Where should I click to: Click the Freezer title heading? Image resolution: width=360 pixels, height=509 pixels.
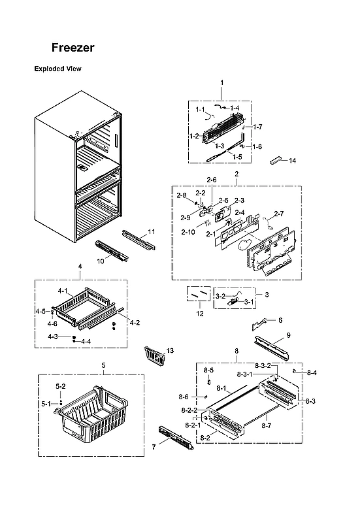coord(74,48)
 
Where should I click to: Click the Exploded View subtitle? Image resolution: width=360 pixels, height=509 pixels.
coord(57,69)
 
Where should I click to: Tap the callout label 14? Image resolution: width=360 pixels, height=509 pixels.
coord(292,161)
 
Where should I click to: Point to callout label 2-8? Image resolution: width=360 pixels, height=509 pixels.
coord(180,195)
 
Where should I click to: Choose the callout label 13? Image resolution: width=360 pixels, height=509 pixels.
coord(171,351)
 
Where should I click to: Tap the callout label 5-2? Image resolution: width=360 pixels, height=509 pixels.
coord(60,386)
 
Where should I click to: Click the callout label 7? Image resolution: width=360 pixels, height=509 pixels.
coord(154,446)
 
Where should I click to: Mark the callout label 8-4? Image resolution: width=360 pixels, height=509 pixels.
coord(312,373)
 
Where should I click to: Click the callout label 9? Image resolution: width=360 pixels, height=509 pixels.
coord(288,335)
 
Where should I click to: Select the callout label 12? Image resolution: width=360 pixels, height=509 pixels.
coord(200,314)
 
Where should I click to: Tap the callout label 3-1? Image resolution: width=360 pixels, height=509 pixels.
coord(249,303)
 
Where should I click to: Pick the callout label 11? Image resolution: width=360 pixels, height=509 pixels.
coord(151,232)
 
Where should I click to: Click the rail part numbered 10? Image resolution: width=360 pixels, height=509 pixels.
coord(112,250)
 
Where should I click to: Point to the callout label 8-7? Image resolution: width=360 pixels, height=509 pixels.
coord(266,425)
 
